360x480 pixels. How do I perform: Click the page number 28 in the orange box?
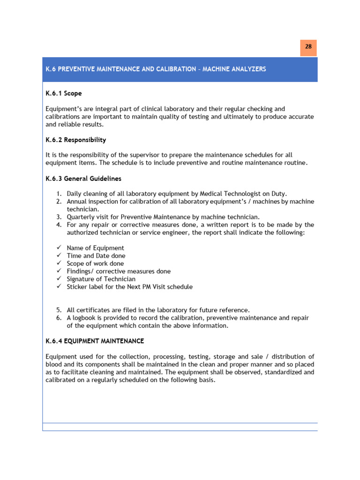[x=308, y=47]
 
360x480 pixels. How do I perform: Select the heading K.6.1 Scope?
[x=63, y=94]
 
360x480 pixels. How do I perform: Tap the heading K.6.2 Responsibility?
[x=75, y=140]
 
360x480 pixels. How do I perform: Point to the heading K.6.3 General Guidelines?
[x=83, y=179]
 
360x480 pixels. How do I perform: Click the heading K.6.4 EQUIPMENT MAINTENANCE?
[x=94, y=341]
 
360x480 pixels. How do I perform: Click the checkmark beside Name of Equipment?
[x=59, y=248]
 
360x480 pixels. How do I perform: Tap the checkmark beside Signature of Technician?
[x=59, y=279]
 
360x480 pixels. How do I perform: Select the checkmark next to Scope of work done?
[x=59, y=263]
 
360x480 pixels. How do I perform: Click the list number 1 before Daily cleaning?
[x=59, y=194]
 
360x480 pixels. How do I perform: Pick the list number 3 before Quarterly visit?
[x=59, y=217]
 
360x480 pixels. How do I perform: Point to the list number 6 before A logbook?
[x=59, y=318]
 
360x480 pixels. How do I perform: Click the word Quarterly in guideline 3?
[x=82, y=217]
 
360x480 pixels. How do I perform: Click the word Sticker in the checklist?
[x=77, y=287]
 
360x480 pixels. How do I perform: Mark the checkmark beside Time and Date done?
[x=59, y=256]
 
